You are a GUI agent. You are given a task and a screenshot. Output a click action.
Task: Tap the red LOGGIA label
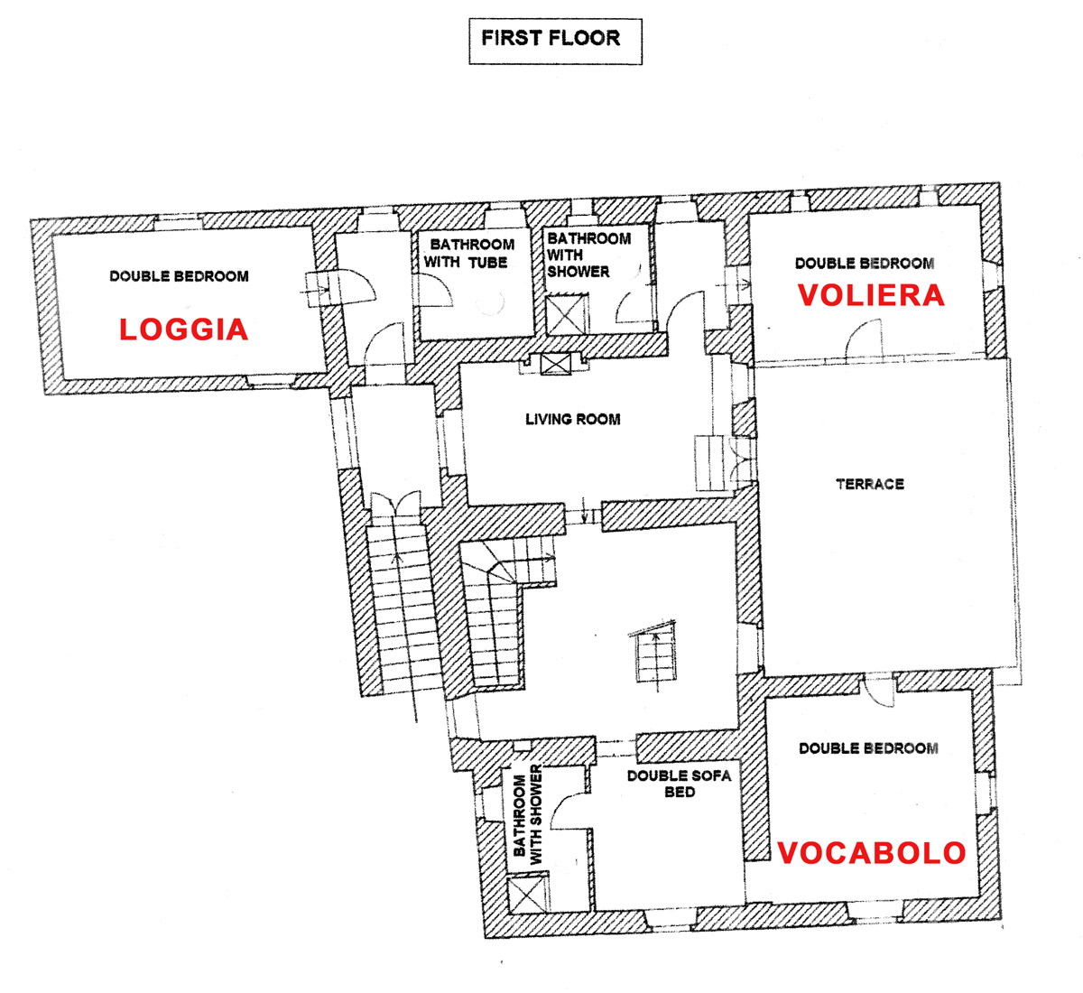(184, 329)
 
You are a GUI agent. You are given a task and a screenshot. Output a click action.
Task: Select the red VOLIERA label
(871, 295)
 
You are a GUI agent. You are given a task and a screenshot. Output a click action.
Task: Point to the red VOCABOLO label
(872, 852)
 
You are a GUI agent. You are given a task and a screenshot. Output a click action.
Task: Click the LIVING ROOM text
(573, 419)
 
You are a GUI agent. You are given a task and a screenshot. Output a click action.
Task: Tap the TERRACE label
(870, 484)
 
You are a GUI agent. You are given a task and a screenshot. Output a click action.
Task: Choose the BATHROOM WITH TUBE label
(472, 254)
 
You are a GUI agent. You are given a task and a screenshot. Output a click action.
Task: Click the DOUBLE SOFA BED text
(679, 784)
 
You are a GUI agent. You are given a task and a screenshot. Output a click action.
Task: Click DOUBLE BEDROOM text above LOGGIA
(179, 276)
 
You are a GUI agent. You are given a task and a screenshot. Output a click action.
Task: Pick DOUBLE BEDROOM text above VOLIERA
(865, 264)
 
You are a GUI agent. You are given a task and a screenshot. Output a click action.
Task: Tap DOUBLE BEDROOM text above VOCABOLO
(868, 748)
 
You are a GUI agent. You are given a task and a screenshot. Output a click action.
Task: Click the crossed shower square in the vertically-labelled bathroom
(525, 896)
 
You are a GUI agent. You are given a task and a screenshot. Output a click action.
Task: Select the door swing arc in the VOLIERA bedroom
(862, 339)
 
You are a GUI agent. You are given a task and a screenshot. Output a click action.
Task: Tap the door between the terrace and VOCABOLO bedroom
(875, 690)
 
